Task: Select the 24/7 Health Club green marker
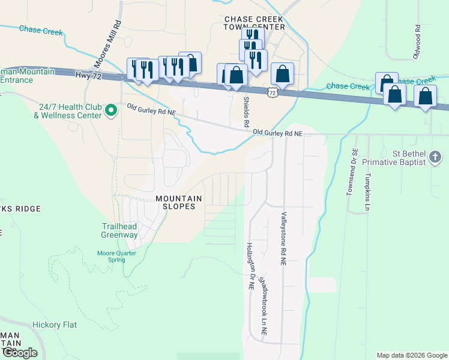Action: click(111, 110)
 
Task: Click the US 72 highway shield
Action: click(273, 92)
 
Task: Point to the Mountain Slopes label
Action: click(175, 202)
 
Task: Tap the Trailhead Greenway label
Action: click(119, 231)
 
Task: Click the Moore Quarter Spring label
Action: click(112, 256)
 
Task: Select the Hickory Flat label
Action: click(55, 325)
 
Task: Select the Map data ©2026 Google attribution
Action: click(412, 355)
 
